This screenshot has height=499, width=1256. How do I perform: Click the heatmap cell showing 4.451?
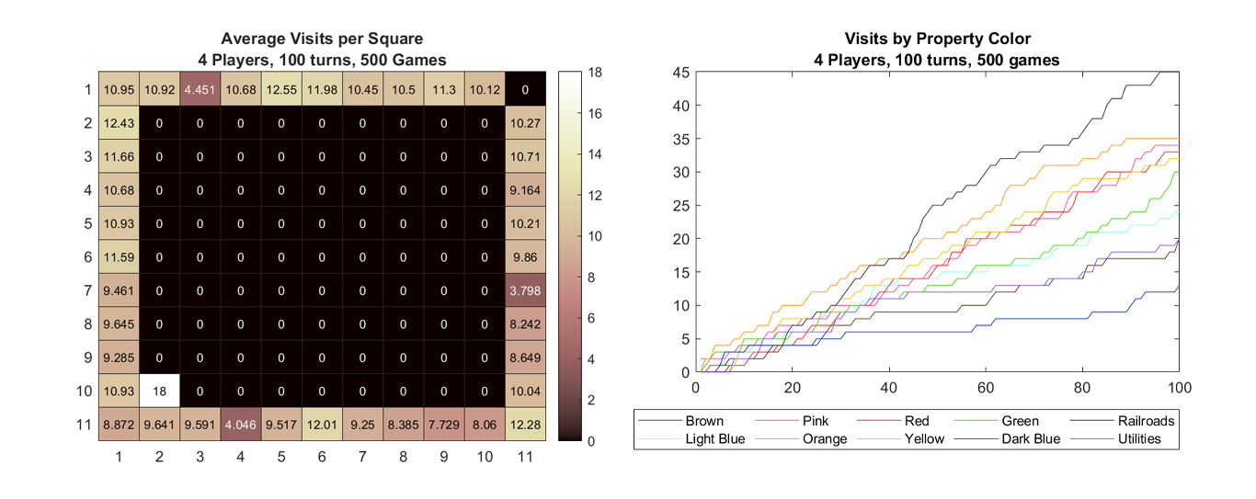(x=200, y=89)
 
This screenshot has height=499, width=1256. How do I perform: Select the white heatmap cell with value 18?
(x=159, y=391)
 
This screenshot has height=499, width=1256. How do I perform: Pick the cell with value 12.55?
(x=281, y=89)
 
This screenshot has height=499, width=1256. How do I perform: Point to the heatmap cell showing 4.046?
(x=241, y=425)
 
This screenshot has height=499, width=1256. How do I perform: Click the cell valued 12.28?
(x=526, y=425)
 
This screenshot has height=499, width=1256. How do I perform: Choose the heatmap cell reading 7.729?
(x=444, y=425)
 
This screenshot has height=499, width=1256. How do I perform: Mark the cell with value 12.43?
(x=119, y=123)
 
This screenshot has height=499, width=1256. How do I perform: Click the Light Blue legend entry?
(x=716, y=438)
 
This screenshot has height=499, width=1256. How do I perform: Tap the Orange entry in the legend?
(x=825, y=438)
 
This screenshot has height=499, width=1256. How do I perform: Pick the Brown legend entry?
(x=703, y=422)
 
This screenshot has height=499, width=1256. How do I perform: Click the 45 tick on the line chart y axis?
(x=680, y=72)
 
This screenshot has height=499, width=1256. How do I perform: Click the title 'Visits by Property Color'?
(x=937, y=39)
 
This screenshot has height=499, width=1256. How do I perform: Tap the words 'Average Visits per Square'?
(x=322, y=39)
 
